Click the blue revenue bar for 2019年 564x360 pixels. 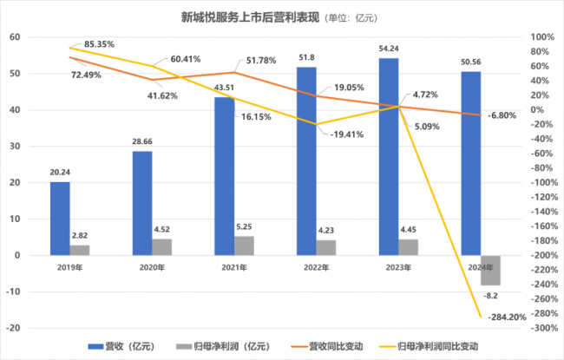click(60, 219)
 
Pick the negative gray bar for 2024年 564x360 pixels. click(490, 270)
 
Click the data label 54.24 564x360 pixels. click(389, 49)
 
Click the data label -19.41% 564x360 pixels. click(345, 134)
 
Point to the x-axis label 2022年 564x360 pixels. click(316, 268)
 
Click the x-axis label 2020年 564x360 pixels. click(153, 268)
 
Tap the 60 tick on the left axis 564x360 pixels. click(15, 37)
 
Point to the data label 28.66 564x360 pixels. click(142, 141)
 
